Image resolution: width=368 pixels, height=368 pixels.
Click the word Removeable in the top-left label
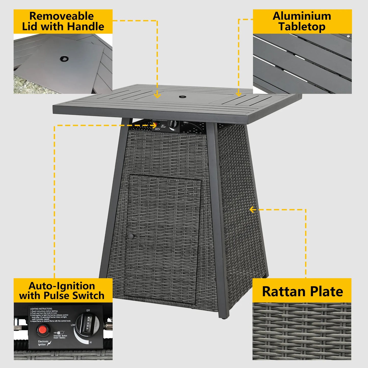(x=61, y=16)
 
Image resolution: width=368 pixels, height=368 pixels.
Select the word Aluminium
(x=302, y=16)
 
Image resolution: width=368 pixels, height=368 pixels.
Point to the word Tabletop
(x=302, y=26)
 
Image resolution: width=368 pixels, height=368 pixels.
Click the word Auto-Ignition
(x=62, y=286)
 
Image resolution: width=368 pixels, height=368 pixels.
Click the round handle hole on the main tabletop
(x=182, y=97)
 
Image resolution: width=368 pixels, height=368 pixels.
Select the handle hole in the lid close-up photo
(x=64, y=59)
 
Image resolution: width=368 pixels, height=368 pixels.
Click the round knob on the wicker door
(x=131, y=236)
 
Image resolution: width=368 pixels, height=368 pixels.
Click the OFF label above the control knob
(x=88, y=310)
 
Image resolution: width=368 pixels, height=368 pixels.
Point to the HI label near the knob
(x=90, y=343)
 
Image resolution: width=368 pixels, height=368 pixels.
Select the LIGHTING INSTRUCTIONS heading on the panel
(x=41, y=309)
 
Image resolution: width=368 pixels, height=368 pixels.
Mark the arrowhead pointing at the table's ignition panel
(x=154, y=125)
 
